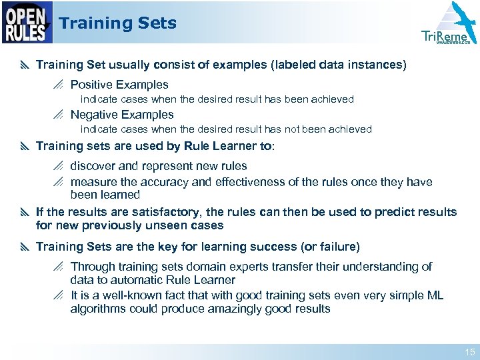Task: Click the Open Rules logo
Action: click(27, 22)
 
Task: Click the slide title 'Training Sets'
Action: click(117, 23)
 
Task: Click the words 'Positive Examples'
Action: click(119, 85)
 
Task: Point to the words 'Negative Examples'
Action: click(122, 115)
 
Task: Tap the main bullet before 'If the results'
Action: click(25, 212)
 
